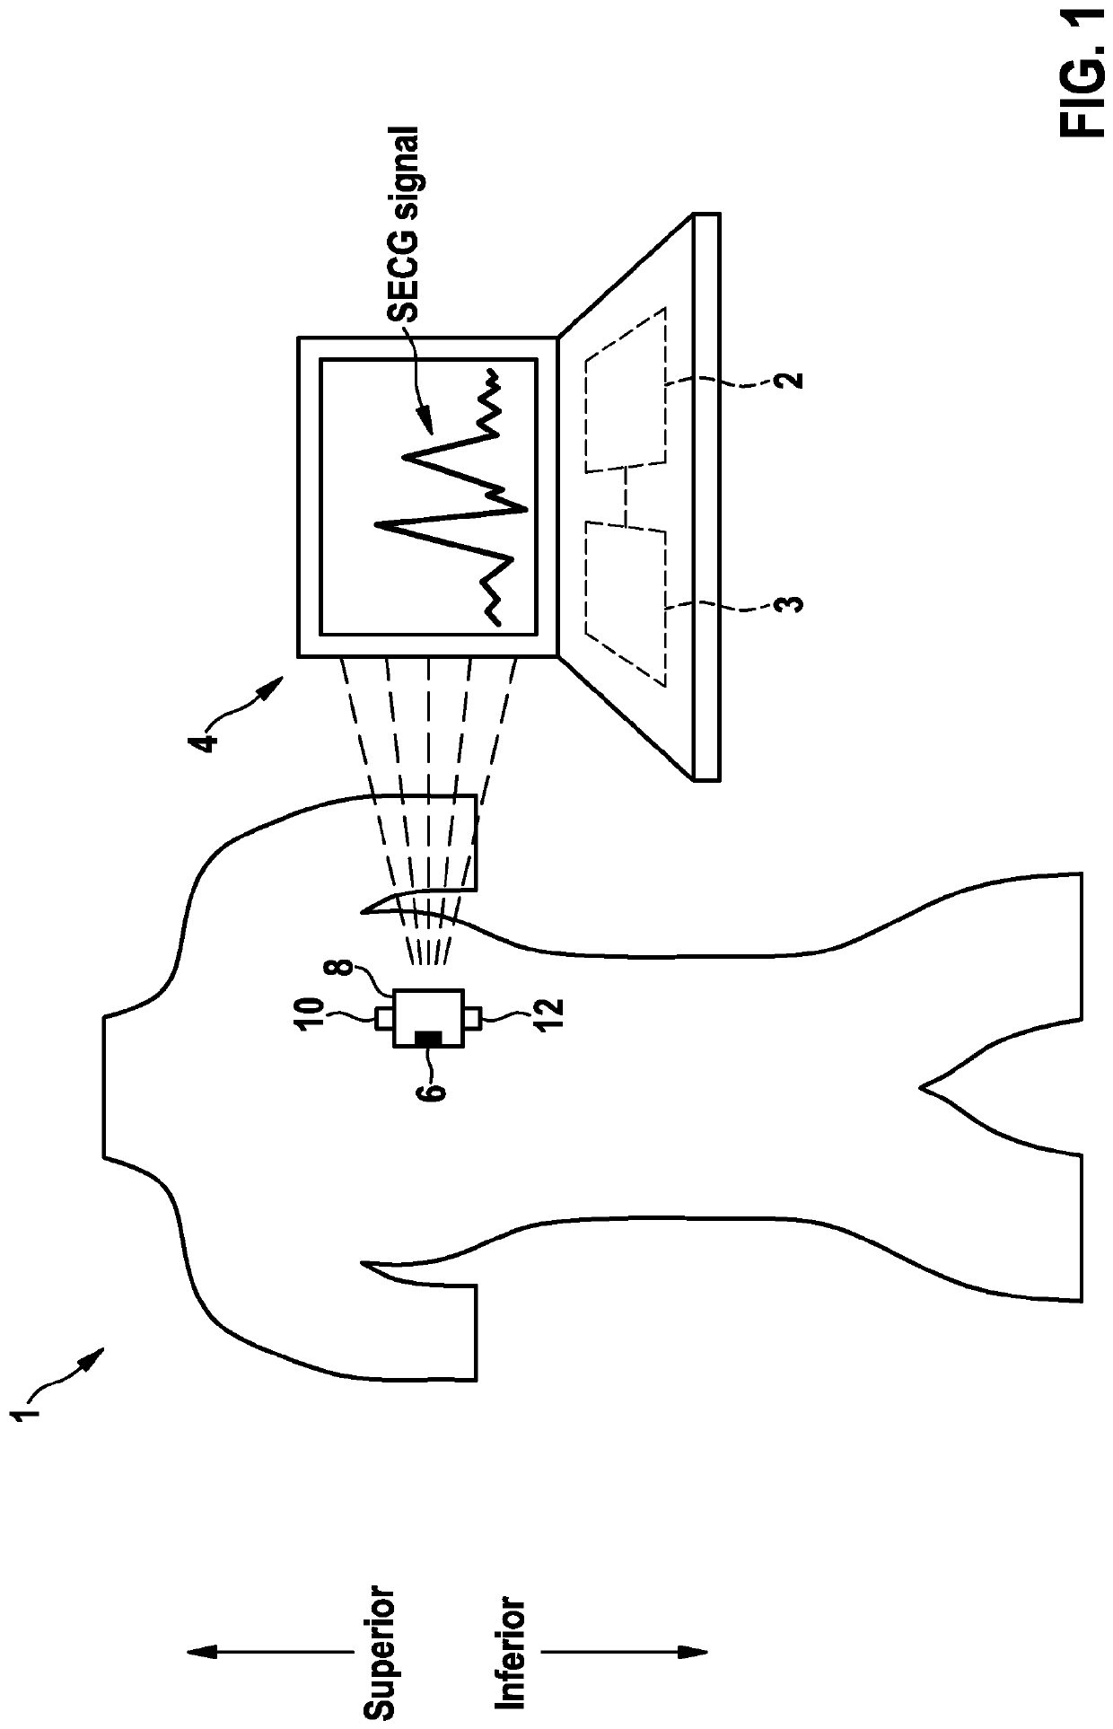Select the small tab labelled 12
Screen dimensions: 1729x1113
473,1018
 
